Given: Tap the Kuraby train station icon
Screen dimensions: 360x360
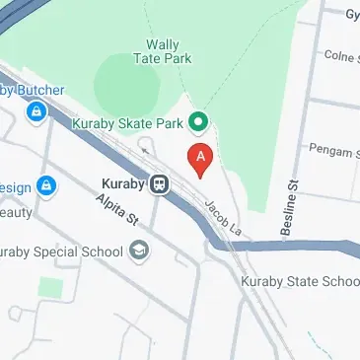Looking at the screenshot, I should [x=159, y=182].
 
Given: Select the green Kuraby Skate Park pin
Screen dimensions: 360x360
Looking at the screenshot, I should [x=197, y=123].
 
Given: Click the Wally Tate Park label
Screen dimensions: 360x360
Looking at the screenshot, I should [x=163, y=51].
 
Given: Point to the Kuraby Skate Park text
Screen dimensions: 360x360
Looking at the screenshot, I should [x=129, y=124].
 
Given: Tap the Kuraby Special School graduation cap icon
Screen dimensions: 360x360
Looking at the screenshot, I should [x=138, y=251].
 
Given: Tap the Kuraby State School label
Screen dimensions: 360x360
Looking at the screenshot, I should [x=300, y=281].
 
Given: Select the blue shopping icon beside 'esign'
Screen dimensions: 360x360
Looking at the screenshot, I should [x=47, y=185].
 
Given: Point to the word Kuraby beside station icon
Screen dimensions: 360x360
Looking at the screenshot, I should [x=122, y=182].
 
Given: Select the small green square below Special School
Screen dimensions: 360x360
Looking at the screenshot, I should [x=50, y=288].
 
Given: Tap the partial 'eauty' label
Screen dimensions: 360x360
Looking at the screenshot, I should [x=17, y=212].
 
